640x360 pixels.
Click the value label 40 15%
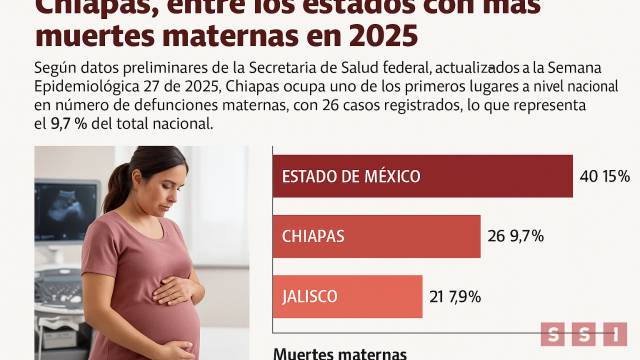(604, 177)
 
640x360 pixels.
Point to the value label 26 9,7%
(514, 237)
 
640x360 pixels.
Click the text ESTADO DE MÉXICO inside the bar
(351, 177)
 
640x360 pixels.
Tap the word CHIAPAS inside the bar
(313, 237)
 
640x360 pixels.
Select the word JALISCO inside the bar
(310, 297)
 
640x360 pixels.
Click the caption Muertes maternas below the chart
(340, 353)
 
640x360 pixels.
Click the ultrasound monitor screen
(64, 212)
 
